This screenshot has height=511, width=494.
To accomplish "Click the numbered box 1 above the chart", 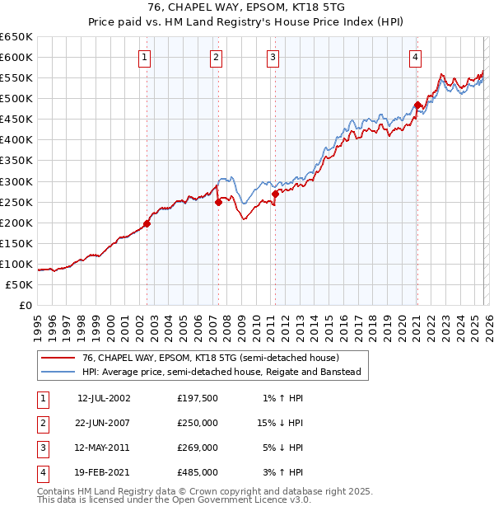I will [144, 57].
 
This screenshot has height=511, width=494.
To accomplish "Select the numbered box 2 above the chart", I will [215, 57].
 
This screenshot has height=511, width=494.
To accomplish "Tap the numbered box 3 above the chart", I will [272, 57].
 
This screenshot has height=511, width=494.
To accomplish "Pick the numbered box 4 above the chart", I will [415, 57].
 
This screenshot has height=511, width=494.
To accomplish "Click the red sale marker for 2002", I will [147, 223].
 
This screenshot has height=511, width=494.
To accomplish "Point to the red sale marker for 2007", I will [218, 201].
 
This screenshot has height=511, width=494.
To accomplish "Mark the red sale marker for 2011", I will [275, 194].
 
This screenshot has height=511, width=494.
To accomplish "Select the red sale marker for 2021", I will [417, 105].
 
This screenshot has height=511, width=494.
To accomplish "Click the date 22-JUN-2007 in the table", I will [104, 422].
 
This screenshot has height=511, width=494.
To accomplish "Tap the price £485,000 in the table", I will [198, 473].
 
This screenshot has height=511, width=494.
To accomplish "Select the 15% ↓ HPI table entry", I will [280, 422].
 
